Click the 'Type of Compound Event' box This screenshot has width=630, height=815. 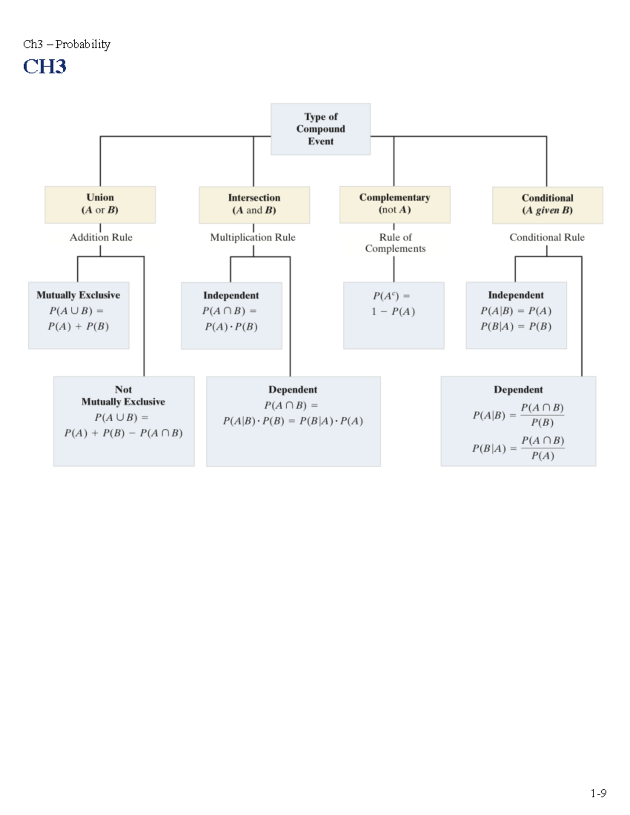coord(320,129)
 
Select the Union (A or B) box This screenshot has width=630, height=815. coord(100,204)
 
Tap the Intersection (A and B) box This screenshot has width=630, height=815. coord(254,205)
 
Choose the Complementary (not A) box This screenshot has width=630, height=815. coord(394,204)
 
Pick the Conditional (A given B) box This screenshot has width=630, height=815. coord(547,205)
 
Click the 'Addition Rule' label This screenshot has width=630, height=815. coord(101,238)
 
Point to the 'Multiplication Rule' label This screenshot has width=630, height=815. coord(253,238)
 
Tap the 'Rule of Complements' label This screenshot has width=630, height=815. coord(395,243)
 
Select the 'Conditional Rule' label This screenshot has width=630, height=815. coord(547,238)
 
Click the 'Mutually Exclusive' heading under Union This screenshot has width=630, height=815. coord(78,295)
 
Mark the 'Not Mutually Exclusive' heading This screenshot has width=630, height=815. coord(123,396)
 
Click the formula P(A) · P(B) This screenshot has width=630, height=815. coord(231,327)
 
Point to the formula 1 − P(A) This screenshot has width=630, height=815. coord(393,312)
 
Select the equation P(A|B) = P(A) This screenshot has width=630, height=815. coord(516,311)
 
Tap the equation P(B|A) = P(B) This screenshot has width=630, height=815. coord(516,326)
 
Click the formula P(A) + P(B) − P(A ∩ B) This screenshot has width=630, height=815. coord(123,433)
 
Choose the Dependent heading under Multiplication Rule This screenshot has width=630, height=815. coord(292,389)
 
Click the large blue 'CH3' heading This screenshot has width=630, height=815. coord(45,67)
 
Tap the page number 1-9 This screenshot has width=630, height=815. coord(598,793)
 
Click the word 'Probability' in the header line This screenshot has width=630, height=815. coord(83,44)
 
